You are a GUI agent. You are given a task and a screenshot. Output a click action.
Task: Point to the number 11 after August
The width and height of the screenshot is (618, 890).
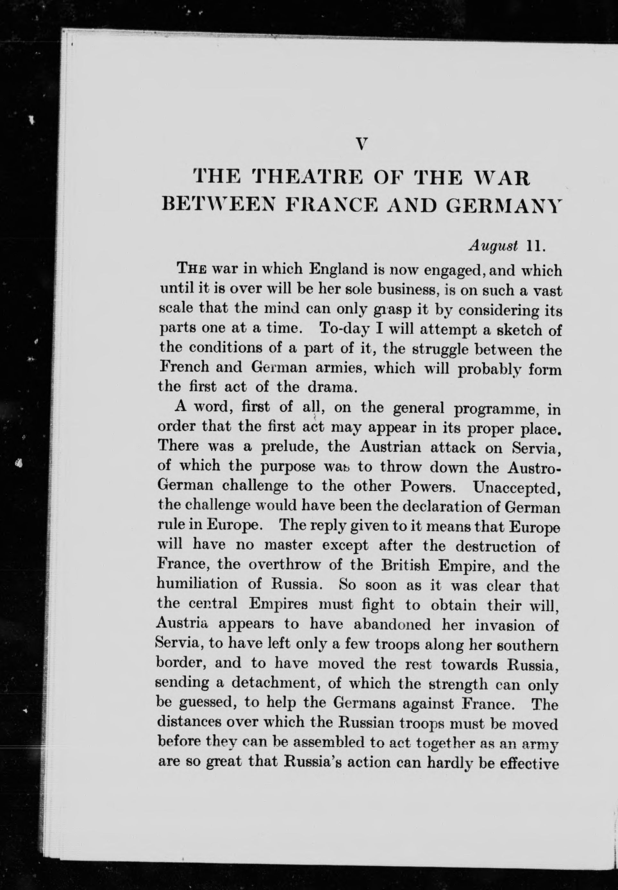(535, 246)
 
